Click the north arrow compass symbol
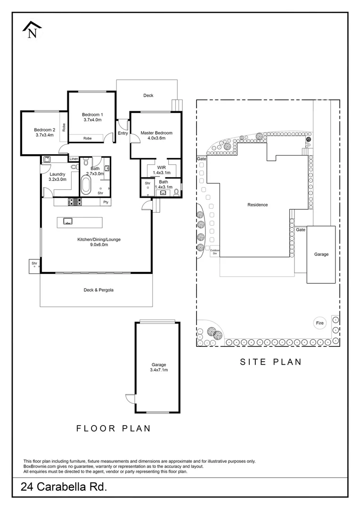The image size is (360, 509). (x=32, y=30)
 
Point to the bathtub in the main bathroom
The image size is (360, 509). (x=86, y=185)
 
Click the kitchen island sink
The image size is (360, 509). (x=67, y=222)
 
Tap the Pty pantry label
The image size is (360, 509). (x=106, y=202)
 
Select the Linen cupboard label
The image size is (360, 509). (x=74, y=159)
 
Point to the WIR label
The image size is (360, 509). (x=161, y=167)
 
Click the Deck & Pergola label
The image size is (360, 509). (x=98, y=290)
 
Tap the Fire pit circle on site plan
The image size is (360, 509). (x=320, y=323)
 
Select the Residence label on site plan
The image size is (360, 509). (x=258, y=205)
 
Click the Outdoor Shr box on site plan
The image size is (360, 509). (x=214, y=252)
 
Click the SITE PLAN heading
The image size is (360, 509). (x=271, y=361)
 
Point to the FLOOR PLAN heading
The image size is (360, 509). (x=114, y=428)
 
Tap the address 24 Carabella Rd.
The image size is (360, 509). (x=64, y=486)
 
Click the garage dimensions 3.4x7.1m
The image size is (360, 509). (x=159, y=370)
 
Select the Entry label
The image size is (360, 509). (x=123, y=133)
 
